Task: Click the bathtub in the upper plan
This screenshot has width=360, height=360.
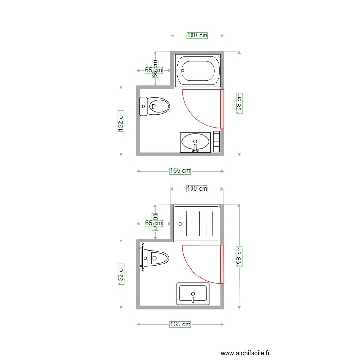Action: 197,71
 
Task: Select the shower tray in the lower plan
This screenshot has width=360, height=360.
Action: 197,223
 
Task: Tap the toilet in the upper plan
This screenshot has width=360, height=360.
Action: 155,106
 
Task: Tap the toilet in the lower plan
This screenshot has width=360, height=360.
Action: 155,258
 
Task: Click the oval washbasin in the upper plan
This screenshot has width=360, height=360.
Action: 195,142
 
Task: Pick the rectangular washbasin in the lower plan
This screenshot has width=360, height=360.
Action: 193,294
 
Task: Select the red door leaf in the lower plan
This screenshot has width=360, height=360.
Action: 222,264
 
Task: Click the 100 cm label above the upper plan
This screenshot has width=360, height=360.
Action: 197,36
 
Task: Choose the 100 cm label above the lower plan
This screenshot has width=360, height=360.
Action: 197,189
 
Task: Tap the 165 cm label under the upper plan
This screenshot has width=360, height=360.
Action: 180,171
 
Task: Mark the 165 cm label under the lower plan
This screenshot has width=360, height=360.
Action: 180,324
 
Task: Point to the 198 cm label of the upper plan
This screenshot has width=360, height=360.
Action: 239,103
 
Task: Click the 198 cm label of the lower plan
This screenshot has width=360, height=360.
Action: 239,256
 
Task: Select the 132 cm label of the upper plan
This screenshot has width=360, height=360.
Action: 121,120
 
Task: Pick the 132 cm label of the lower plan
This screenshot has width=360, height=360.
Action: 121,274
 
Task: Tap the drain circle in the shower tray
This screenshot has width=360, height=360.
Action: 180,223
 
